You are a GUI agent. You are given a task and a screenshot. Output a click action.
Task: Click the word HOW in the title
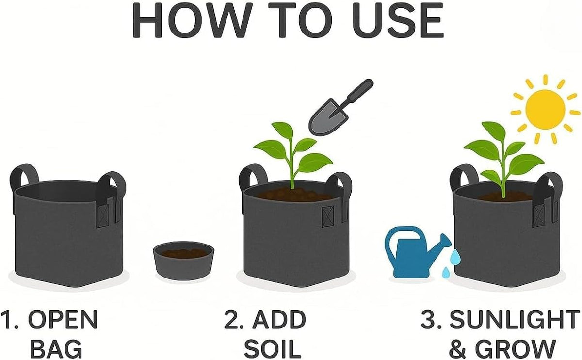190,20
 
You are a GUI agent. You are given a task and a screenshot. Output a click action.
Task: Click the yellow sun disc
545,109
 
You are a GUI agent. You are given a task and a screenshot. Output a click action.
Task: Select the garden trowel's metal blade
328,117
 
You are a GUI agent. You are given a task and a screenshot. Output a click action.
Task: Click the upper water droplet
455,257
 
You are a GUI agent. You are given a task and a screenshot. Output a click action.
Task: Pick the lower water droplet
446,273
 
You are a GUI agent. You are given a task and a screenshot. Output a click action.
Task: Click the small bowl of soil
183,260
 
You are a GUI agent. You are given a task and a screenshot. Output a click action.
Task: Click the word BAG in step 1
57,348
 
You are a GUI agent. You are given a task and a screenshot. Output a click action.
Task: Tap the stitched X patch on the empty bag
102,215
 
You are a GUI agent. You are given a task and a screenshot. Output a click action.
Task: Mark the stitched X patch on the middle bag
328,216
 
